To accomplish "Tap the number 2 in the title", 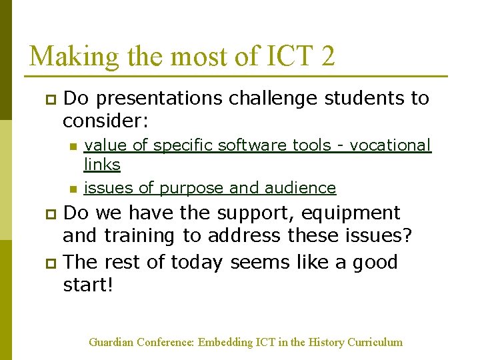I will click(x=327, y=56).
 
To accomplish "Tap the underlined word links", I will click(x=102, y=164).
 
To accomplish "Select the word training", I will click(x=145, y=236).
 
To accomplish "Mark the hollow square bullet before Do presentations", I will click(x=48, y=100).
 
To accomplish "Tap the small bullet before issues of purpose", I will click(x=73, y=189).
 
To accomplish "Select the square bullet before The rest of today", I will click(x=48, y=264).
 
